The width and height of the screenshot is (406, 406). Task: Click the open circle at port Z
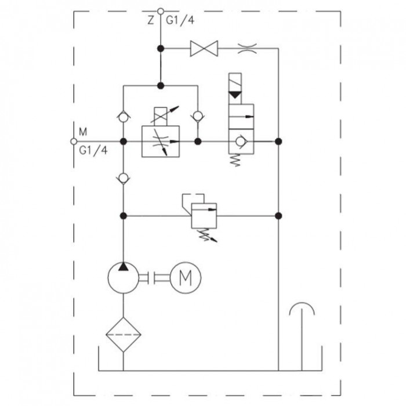click(x=161, y=12)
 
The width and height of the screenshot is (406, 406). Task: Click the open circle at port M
click(x=74, y=142)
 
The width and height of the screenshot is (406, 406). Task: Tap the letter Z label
click(x=151, y=20)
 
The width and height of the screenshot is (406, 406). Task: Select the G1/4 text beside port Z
click(x=180, y=20)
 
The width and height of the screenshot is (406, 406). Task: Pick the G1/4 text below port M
click(x=93, y=150)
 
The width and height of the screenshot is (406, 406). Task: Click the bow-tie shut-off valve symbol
click(x=204, y=48)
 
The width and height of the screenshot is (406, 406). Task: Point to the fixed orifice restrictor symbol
click(x=247, y=48)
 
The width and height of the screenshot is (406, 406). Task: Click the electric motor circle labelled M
click(x=186, y=278)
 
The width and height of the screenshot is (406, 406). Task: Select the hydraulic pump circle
click(x=123, y=278)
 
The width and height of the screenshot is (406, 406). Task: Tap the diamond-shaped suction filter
click(x=123, y=335)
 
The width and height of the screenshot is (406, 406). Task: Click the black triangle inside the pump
click(x=123, y=266)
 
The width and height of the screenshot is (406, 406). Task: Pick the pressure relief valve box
click(x=204, y=216)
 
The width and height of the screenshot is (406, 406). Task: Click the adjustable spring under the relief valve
click(x=208, y=235)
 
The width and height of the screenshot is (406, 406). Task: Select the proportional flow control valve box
click(x=161, y=142)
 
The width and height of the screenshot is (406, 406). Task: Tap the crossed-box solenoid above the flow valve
click(x=161, y=117)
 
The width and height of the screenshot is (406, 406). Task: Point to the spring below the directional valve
click(x=235, y=160)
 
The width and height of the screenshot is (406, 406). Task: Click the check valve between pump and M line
click(x=123, y=178)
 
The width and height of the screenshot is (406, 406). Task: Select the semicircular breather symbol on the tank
click(x=302, y=309)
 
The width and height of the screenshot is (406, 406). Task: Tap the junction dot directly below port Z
click(x=161, y=48)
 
